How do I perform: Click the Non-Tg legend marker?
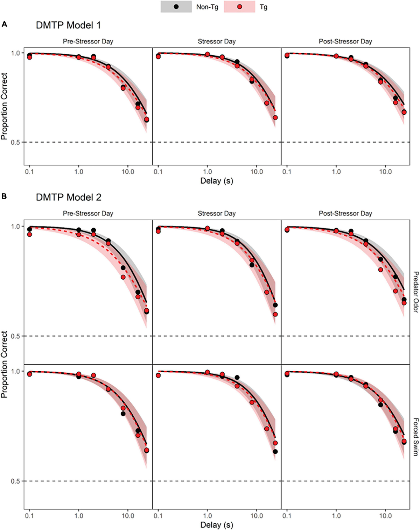point(176,7)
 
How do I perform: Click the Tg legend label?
point(264,7)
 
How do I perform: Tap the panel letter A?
point(4,24)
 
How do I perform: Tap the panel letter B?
point(4,196)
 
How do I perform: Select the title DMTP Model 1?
point(68,26)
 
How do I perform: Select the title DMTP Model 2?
point(69,198)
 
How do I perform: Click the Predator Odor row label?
point(415,292)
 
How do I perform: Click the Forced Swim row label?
point(415,437)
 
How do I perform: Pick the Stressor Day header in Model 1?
point(217,42)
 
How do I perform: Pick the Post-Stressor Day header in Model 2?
point(345,214)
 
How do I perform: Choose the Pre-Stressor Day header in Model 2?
point(88,214)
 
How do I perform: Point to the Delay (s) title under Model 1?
point(217,181)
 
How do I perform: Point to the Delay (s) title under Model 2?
point(217,525)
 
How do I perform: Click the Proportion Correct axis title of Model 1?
point(4,106)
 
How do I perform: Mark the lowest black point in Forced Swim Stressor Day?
point(275,452)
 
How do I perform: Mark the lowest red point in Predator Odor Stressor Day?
point(275,314)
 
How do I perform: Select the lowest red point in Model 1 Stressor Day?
point(275,117)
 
